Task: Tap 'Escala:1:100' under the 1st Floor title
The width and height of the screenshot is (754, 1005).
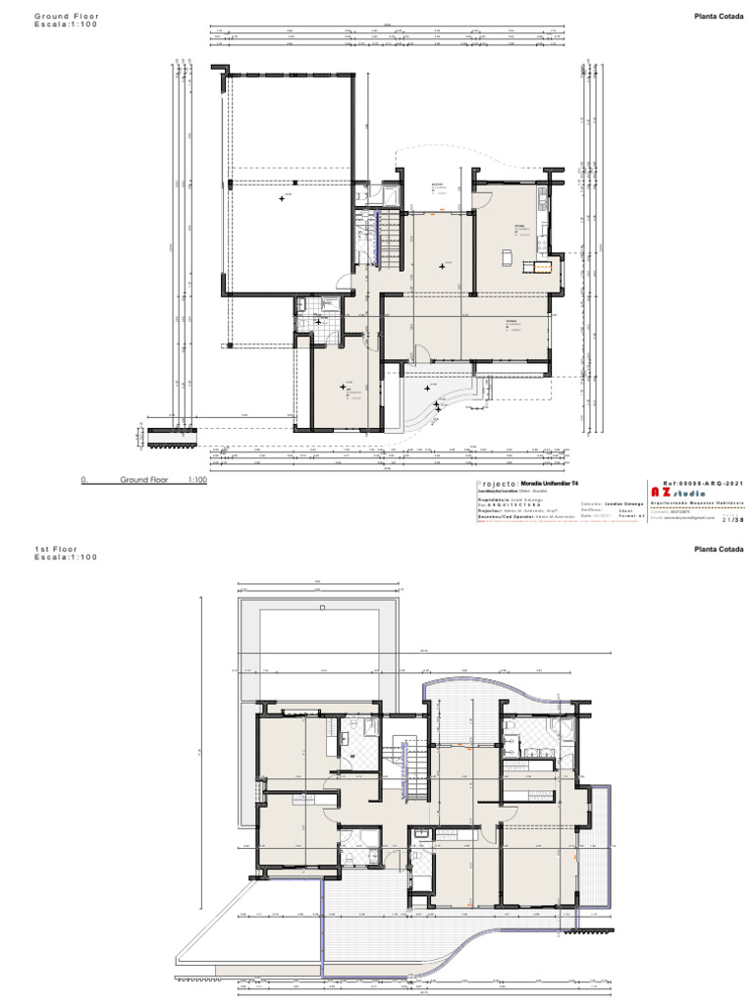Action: [66, 557]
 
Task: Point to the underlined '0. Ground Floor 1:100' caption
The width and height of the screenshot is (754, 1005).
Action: [143, 480]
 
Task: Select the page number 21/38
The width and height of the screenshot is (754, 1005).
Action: [731, 520]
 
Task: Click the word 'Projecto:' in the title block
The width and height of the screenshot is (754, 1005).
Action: [497, 485]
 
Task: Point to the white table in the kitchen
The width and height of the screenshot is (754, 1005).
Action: [507, 257]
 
